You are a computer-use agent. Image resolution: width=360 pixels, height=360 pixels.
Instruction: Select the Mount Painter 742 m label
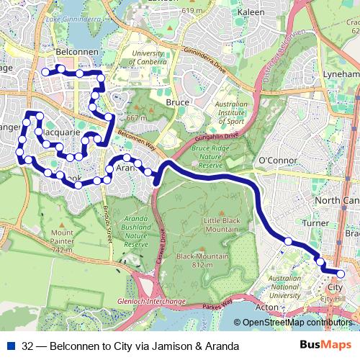pyautogui.click(x=63, y=241)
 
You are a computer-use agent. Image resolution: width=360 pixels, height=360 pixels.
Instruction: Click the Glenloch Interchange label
pyautogui.click(x=152, y=301)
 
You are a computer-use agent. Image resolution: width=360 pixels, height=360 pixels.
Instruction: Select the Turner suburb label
pyautogui.click(x=315, y=224)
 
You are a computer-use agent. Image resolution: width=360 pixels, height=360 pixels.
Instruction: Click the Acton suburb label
pyautogui.click(x=266, y=307)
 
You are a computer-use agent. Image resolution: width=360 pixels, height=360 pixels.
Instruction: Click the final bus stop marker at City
pyautogui.click(x=341, y=274)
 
